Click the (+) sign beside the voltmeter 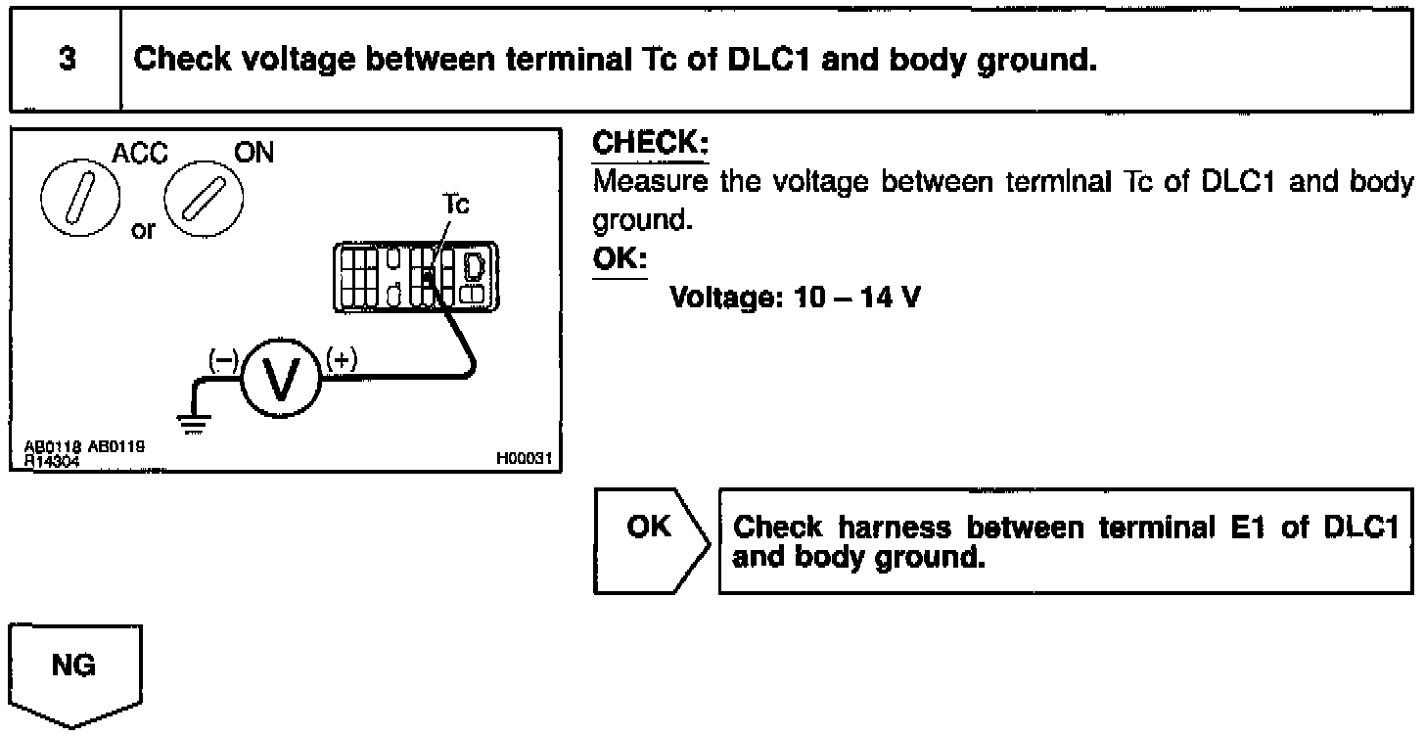341,359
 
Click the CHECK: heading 651,144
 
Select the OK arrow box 651,540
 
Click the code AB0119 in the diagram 116,447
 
